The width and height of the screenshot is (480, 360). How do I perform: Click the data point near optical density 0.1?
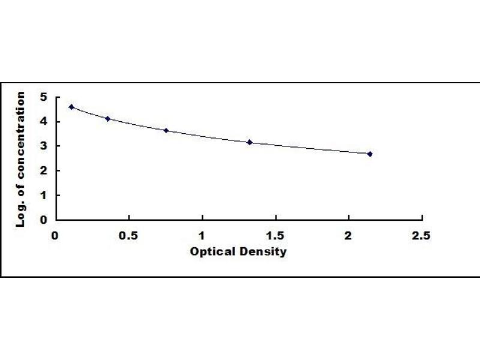tap(71, 107)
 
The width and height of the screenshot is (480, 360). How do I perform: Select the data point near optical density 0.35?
tap(107, 119)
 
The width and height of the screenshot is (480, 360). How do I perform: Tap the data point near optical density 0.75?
tap(166, 130)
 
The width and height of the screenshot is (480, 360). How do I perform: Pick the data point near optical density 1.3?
tap(250, 142)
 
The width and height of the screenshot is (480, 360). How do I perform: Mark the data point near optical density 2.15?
tap(370, 154)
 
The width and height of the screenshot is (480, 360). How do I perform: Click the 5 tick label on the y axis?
tap(42, 97)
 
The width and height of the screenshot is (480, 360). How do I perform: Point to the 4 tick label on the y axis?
tap(42, 122)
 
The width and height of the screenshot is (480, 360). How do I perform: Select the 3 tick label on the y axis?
tap(42, 146)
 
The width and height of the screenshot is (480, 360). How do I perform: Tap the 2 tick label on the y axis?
tap(42, 171)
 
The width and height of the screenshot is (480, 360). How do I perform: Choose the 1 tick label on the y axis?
tap(42, 196)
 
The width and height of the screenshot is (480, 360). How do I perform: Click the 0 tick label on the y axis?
tap(42, 220)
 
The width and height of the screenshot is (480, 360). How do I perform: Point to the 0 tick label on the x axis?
tap(55, 235)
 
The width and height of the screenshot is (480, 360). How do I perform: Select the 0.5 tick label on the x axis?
tap(128, 235)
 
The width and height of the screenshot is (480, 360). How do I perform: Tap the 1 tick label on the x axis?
tap(202, 235)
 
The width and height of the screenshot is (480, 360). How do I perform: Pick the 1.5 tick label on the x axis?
tap(275, 235)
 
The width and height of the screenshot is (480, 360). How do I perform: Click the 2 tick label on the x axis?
tap(349, 235)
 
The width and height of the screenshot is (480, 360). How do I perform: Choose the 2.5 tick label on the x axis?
tap(422, 235)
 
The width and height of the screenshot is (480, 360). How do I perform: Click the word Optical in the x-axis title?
tap(208, 251)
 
